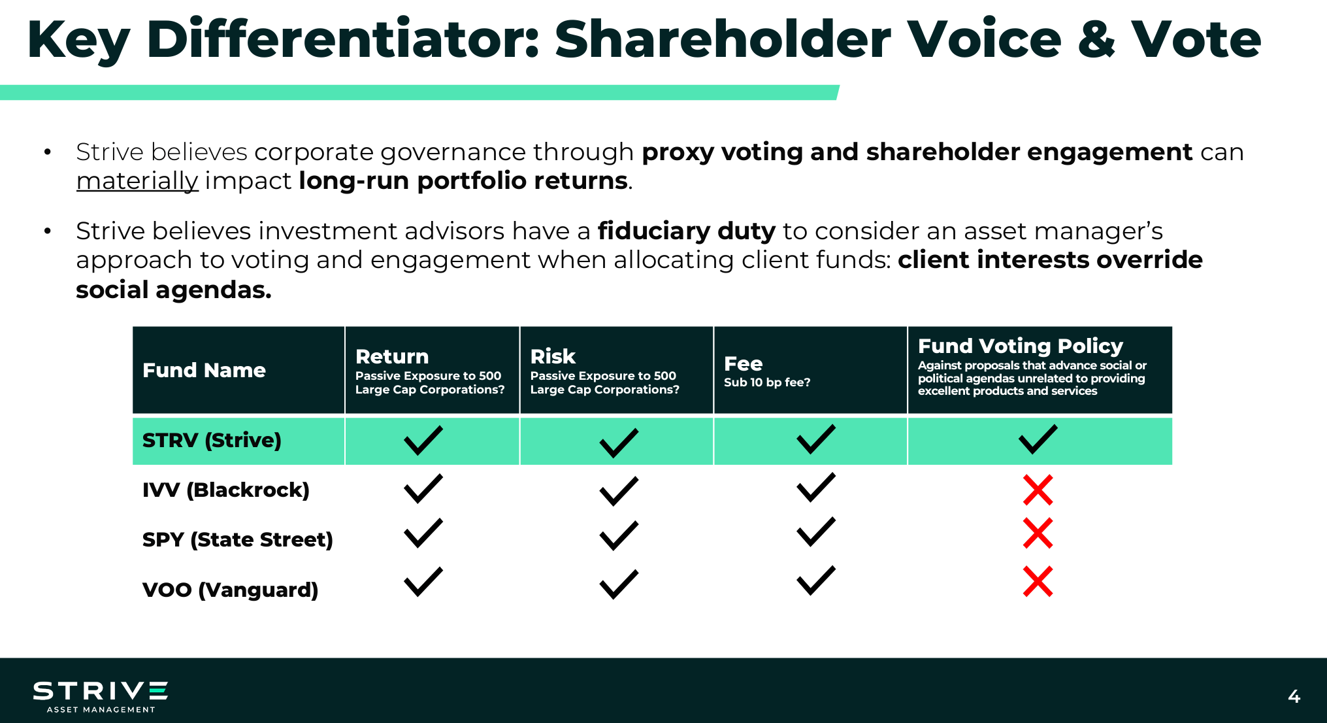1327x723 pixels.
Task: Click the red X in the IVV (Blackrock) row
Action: (1038, 490)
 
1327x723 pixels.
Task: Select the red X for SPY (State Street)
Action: (1038, 533)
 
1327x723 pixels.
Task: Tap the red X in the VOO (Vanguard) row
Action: (1038, 581)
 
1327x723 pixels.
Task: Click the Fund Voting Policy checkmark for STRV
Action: (1038, 439)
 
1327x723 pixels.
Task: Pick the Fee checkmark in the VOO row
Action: (816, 580)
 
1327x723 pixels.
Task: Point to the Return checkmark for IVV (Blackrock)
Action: (423, 488)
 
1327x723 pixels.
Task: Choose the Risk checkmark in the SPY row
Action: (619, 535)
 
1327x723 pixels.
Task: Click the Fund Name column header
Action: (204, 370)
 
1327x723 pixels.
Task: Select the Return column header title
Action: (392, 356)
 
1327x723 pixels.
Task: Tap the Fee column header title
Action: (743, 363)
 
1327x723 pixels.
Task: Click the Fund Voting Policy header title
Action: (1020, 345)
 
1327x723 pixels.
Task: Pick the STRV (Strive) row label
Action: (212, 440)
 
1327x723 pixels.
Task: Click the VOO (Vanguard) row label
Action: (230, 590)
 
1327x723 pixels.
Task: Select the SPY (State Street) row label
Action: (238, 539)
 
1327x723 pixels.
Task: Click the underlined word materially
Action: (137, 181)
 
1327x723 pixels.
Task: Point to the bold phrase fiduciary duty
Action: (686, 231)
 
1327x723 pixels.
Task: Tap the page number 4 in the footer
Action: (1294, 696)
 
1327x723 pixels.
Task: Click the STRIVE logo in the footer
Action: (101, 697)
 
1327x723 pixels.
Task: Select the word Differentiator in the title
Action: (342, 39)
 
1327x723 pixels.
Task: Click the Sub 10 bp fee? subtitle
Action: (767, 382)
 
